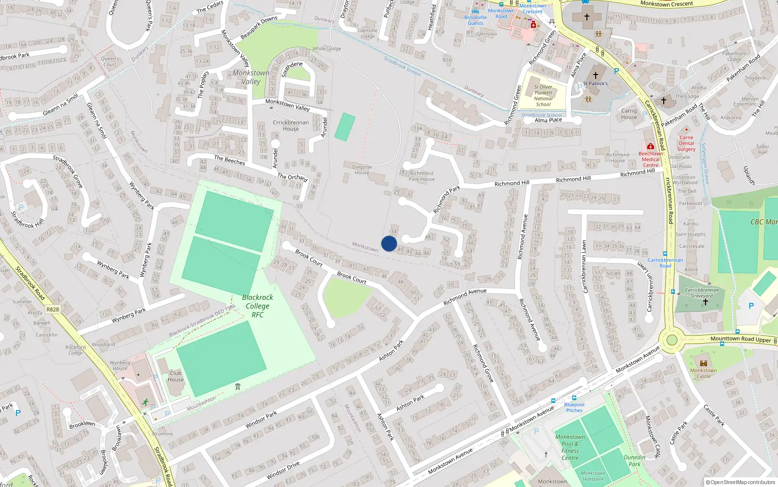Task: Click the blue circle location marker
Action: [389, 243]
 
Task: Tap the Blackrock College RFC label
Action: [257, 306]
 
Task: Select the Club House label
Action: [176, 376]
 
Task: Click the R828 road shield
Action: [53, 309]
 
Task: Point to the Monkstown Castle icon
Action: [703, 363]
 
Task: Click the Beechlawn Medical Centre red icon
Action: [650, 146]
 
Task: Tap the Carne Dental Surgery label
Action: [686, 143]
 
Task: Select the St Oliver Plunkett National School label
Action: [543, 95]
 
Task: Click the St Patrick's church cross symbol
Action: [595, 75]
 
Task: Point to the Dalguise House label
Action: [362, 169]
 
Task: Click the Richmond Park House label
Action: [422, 176]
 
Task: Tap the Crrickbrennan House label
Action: [290, 126]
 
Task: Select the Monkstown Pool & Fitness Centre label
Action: [570, 447]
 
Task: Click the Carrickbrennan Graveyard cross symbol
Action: [705, 302]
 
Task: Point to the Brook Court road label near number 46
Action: [352, 278]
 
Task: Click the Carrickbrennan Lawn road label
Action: [585, 266]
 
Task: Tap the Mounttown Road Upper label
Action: [741, 339]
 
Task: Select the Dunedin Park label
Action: [635, 461]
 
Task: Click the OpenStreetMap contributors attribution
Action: [743, 482]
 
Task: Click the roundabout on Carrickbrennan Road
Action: [672, 340]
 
